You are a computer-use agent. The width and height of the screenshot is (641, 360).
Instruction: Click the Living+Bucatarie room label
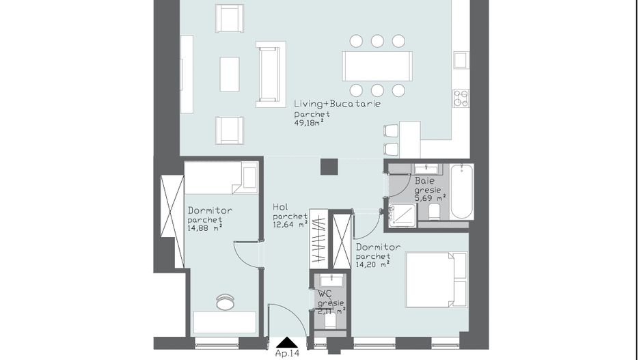coord(337,104)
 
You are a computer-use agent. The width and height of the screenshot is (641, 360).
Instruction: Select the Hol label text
coord(279,206)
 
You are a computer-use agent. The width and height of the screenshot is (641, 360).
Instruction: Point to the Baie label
coord(423,181)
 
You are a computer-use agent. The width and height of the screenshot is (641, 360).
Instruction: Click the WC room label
coord(324,293)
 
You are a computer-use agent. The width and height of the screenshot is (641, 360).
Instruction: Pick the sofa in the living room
coord(271,74)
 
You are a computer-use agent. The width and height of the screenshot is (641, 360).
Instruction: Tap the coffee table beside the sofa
coord(230,74)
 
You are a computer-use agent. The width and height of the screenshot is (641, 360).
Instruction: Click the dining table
coord(377,66)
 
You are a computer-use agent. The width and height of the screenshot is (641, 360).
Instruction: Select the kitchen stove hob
coord(461,98)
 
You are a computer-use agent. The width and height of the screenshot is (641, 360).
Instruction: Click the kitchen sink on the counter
coord(461,60)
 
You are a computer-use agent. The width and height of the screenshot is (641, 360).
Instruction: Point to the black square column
coord(330,166)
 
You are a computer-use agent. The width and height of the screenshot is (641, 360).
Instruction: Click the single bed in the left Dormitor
coord(221,178)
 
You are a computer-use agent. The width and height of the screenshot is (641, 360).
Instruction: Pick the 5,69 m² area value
coord(431,198)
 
